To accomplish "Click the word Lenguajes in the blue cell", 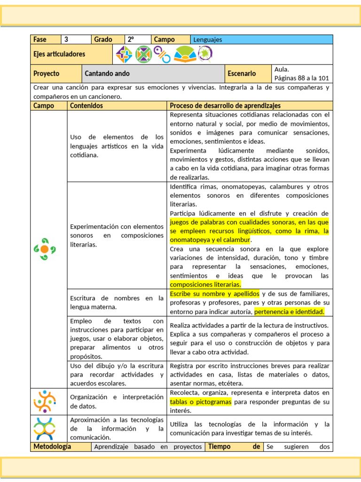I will click(208, 40).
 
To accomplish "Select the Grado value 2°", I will click(131, 40).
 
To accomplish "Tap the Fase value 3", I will click(66, 40).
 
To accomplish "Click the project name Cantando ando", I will click(107, 73).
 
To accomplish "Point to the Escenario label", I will click(242, 73).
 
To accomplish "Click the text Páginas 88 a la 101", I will click(301, 78).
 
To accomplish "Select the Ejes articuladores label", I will click(59, 54).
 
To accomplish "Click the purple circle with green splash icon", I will click(205, 54).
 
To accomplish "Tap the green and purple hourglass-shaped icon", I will click(143, 54).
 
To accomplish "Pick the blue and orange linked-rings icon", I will click(164, 55).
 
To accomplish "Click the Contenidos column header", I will click(86, 106).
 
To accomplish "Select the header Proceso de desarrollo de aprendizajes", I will click(225, 106).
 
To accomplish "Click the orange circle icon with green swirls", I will click(45, 249).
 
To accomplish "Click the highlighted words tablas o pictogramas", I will click(201, 402).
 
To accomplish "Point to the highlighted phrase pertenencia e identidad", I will click(289, 312).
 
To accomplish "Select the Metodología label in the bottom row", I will click(52, 447).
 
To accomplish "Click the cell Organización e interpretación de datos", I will click(117, 402).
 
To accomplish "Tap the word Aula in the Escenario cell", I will click(282, 69).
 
